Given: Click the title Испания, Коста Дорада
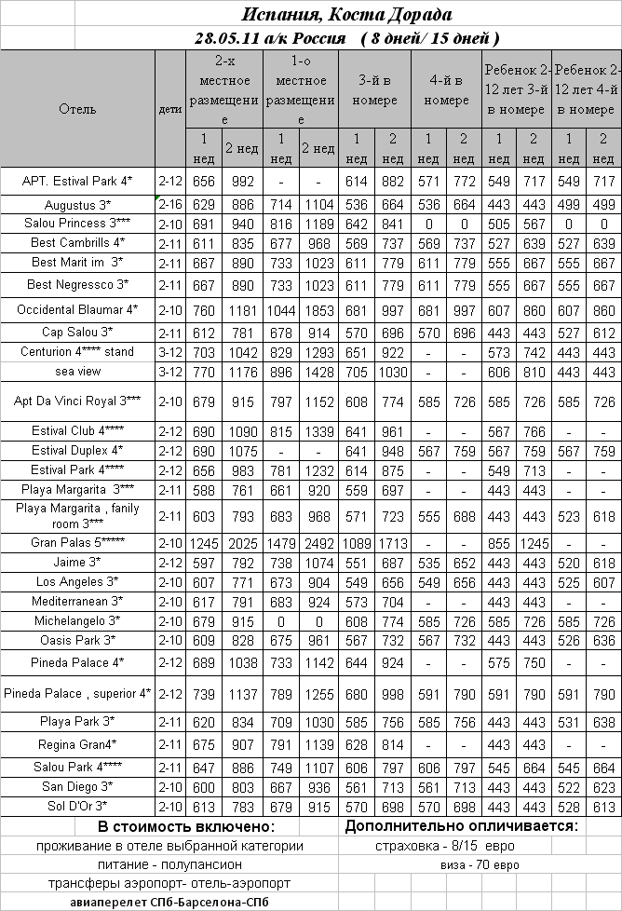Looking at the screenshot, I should point(347,15).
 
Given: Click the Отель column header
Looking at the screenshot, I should point(77,108).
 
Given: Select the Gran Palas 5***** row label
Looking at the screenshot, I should point(77,542).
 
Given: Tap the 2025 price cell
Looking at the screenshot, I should point(243,542).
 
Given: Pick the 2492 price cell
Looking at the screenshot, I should point(318,542).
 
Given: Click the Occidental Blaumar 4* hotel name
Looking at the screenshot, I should point(77,308).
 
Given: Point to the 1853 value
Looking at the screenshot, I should point(318,308).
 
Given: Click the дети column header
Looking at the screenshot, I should point(170,108).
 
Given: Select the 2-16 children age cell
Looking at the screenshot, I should point(170,204).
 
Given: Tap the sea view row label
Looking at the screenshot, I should point(77,372).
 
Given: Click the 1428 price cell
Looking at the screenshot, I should point(318,372).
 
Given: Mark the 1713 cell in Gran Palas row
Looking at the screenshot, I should point(393,542).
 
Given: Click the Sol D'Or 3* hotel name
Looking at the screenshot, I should point(77,806).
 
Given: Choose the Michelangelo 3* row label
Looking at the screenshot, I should point(77,619).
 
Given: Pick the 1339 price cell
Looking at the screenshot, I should point(318,432).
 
